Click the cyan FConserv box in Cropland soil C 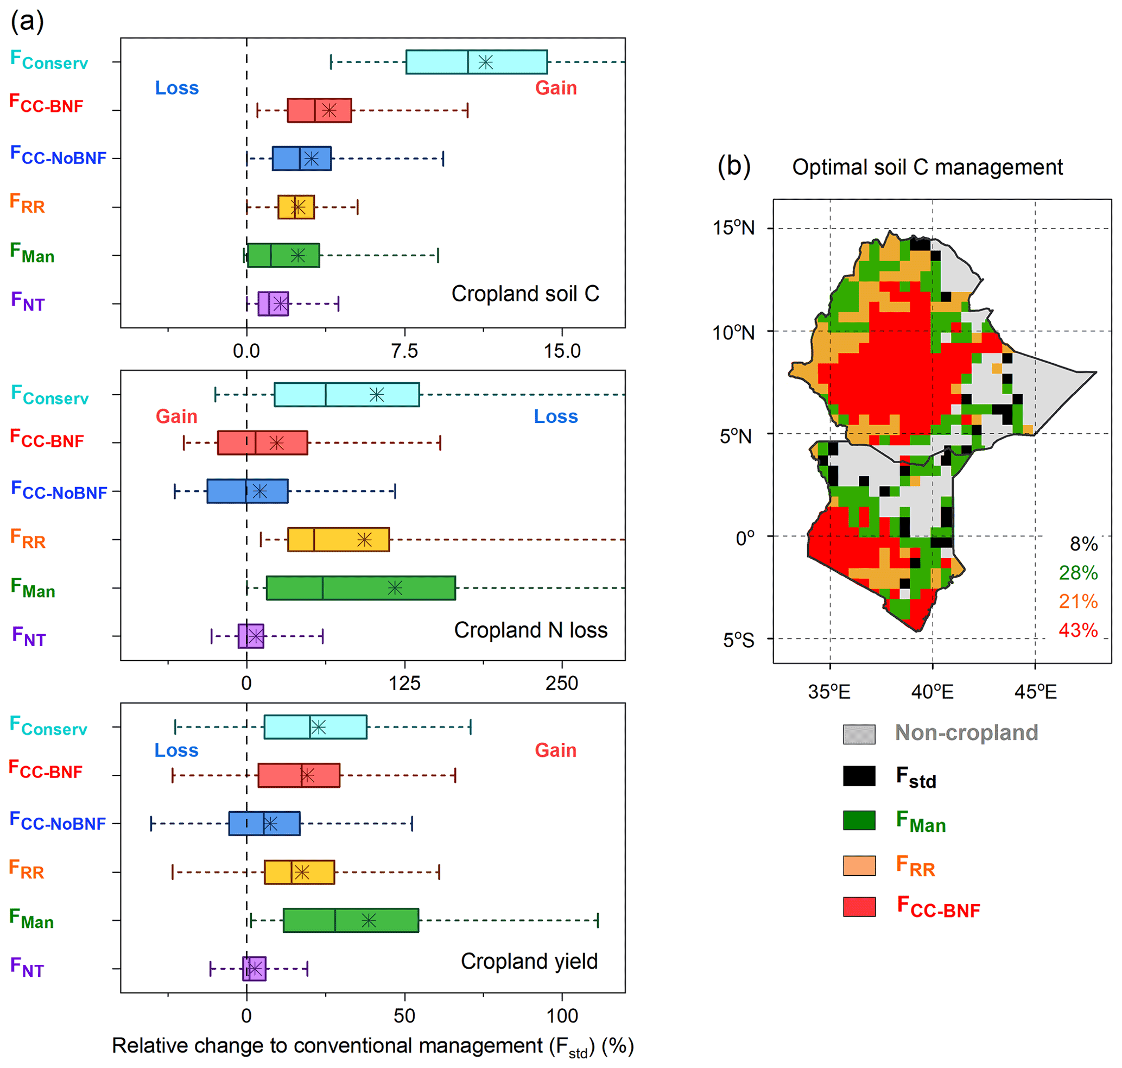(x=476, y=62)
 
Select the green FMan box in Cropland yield (x=351, y=920)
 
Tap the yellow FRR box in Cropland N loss (x=338, y=540)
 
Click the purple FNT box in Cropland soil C (x=272, y=304)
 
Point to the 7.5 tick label (x=404, y=351)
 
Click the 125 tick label (x=404, y=684)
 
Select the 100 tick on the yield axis (x=562, y=1016)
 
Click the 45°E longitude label (x=1035, y=692)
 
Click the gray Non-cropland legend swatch (x=859, y=735)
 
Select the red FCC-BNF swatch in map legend (x=859, y=907)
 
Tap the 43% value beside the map (x=1077, y=631)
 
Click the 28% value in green (x=1077, y=573)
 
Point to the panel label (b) (x=734, y=166)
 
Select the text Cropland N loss (x=530, y=631)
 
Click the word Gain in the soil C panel (x=556, y=89)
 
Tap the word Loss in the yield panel (x=176, y=751)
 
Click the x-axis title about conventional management (x=373, y=1046)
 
